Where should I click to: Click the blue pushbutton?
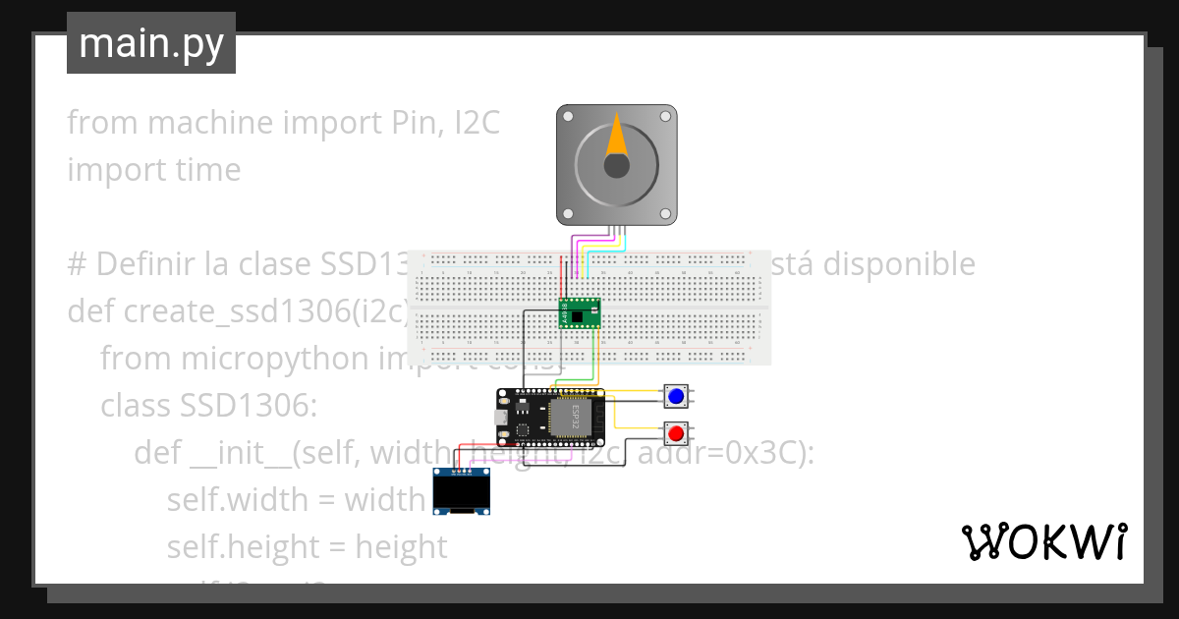pos(675,396)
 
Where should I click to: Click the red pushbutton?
pos(675,433)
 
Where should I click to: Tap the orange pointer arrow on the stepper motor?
pos(616,136)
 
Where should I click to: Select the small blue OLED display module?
pos(463,491)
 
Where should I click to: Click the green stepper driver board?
pos(580,312)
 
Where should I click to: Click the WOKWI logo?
pos(1043,541)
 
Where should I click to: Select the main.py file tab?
pos(151,43)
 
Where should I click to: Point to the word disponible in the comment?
pos(898,264)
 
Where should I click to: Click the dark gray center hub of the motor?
pos(616,166)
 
